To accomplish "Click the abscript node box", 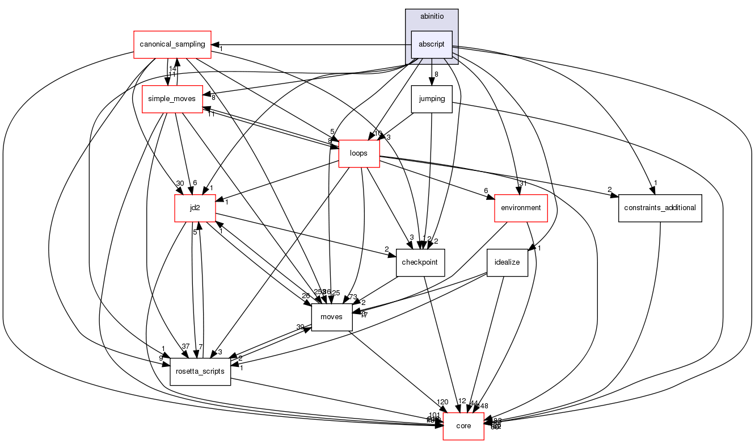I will (x=431, y=44).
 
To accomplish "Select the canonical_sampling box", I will (x=172, y=44).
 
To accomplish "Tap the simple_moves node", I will (x=172, y=99).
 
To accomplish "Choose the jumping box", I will (x=431, y=99).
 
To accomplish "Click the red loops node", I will (x=358, y=153).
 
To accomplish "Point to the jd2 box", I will (x=195, y=208).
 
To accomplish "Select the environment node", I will (x=521, y=208).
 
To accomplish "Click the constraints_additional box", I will (x=660, y=208).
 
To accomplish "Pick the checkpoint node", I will (x=420, y=262).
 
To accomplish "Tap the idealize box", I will (x=508, y=262).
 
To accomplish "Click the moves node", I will (x=332, y=317).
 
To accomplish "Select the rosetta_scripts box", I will (x=200, y=371).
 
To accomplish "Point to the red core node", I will (x=463, y=426).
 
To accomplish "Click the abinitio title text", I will (x=431, y=16).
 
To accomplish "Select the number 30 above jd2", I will (x=180, y=183).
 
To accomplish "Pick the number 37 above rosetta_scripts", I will (x=185, y=347).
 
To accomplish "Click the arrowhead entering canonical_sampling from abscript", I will (x=215, y=44).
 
